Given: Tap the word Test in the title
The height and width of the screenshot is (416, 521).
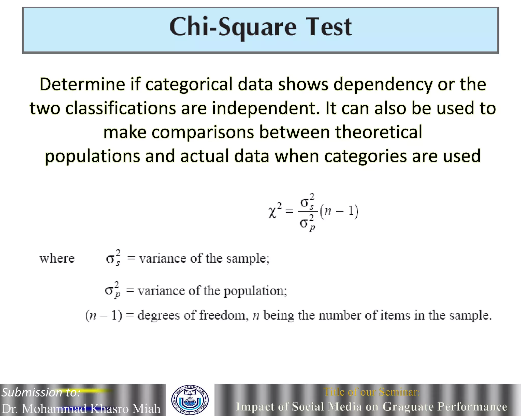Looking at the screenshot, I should (x=328, y=27).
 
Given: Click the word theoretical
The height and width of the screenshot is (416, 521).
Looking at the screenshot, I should (x=379, y=132).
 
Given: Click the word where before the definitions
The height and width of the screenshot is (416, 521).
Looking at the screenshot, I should (x=57, y=259).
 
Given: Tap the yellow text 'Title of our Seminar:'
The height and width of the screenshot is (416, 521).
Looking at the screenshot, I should (x=371, y=392).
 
